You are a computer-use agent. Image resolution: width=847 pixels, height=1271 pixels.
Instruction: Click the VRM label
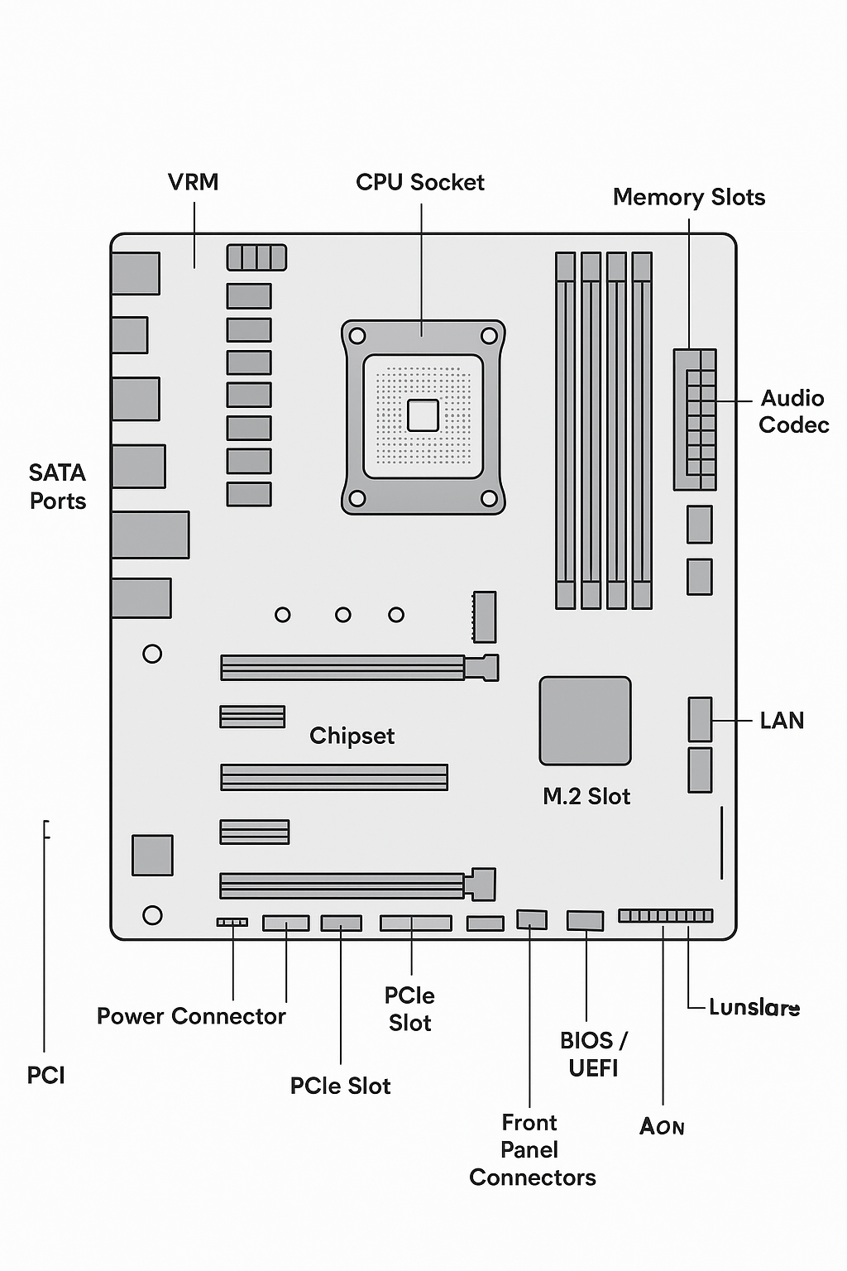193,182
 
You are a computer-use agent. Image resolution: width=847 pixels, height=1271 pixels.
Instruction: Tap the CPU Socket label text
419,182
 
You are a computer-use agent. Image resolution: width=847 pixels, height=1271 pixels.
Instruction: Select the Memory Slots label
688,197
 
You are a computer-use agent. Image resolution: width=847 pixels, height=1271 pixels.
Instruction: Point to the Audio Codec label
792,411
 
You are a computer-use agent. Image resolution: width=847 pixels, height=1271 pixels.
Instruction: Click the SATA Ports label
57,487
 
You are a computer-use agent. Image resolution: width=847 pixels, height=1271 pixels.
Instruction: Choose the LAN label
781,721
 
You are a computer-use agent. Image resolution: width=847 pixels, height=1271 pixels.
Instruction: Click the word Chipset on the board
352,736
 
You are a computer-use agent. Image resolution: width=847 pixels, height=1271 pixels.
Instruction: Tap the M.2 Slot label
586,796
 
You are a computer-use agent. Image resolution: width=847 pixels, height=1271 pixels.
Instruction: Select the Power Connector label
191,1016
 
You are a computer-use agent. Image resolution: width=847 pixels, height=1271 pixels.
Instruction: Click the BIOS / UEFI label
593,1053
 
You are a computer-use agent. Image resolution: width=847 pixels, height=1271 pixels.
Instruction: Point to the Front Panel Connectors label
531,1149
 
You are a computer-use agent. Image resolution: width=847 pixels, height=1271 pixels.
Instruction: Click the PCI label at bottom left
45,1075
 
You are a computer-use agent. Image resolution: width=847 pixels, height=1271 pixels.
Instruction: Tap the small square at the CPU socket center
423,415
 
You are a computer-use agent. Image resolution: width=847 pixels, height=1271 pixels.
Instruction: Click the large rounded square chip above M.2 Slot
585,721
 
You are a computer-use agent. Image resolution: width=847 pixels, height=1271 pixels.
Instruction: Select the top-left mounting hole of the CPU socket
357,336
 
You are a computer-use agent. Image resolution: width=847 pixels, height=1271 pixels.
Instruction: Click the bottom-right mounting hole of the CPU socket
489,498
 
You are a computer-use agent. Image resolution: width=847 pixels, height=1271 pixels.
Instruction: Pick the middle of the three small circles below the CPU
342,615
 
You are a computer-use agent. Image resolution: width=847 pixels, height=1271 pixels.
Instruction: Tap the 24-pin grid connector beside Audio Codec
695,420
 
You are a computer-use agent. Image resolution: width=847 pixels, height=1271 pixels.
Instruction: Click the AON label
662,1126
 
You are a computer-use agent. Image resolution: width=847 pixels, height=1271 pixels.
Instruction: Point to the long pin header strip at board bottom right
665,915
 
